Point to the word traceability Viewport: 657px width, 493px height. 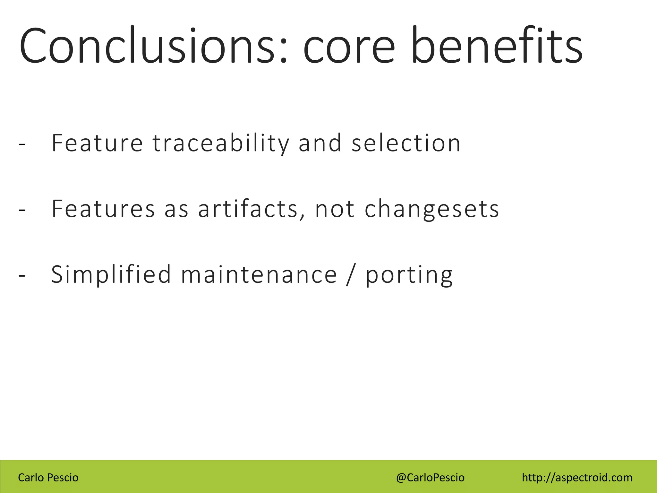coord(221,143)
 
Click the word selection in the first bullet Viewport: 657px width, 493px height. coord(406,143)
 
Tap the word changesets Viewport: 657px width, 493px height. coord(432,210)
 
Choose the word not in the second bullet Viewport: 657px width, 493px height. coord(335,209)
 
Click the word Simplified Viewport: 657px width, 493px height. coord(111,275)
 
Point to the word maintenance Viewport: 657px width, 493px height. coord(259,275)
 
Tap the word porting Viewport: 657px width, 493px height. coord(409,275)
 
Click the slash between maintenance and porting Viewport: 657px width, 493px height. coord(350,275)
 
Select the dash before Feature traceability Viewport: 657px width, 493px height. coord(22,144)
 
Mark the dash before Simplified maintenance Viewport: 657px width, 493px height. coord(22,276)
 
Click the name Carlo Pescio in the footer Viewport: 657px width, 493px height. coord(48,478)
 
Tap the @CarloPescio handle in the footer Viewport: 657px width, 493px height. coord(430,478)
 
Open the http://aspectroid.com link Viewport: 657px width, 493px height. coord(577,478)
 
